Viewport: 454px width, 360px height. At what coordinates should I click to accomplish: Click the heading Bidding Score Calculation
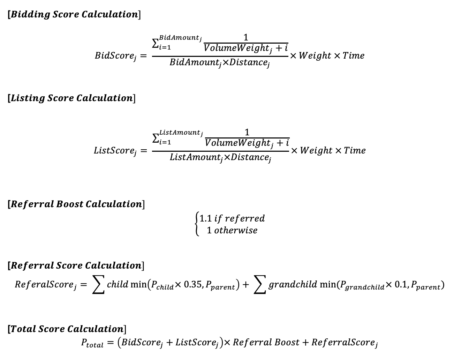(74, 15)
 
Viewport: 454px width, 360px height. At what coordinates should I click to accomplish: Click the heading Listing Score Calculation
(71, 98)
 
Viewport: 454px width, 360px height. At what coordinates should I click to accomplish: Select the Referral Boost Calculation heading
(76, 204)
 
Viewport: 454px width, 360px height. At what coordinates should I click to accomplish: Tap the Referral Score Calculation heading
(76, 265)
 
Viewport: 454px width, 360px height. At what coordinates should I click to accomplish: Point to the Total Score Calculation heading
(67, 329)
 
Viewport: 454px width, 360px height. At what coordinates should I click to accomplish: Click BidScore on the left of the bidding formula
(115, 56)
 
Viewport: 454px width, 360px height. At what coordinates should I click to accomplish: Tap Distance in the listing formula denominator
(250, 158)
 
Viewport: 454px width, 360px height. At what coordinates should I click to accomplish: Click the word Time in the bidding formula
(353, 56)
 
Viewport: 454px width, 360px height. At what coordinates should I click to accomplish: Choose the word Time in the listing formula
(355, 151)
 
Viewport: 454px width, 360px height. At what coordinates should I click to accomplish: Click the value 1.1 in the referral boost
(205, 218)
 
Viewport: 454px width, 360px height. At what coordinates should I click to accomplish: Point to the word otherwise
(236, 230)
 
